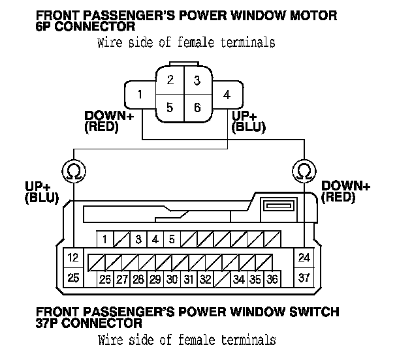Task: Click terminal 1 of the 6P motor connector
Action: (x=140, y=95)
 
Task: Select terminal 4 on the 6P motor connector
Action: (x=226, y=95)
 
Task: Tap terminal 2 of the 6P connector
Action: (x=170, y=81)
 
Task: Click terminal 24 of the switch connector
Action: (x=303, y=257)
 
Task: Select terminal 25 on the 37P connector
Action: (x=73, y=278)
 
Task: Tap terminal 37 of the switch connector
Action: (x=303, y=277)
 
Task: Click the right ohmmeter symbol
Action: (x=303, y=171)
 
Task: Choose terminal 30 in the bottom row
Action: (x=172, y=280)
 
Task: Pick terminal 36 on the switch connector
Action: (x=272, y=280)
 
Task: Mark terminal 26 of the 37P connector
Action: (x=105, y=280)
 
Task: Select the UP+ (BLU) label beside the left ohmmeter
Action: (x=40, y=192)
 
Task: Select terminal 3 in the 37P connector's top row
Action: (x=138, y=239)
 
